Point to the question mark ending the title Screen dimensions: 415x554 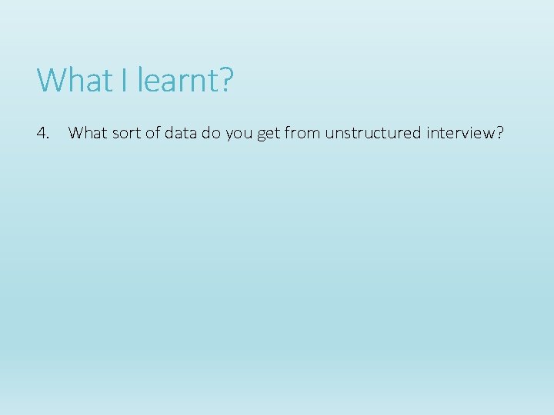pyautogui.click(x=225, y=80)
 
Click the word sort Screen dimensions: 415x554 pyautogui.click(x=124, y=134)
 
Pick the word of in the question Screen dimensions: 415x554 pyautogui.click(x=152, y=134)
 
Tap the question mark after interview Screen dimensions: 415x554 pyautogui.click(x=500, y=134)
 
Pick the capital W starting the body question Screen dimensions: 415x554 pyautogui.click(x=75, y=134)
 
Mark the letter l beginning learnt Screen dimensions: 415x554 pyautogui.click(x=141, y=80)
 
